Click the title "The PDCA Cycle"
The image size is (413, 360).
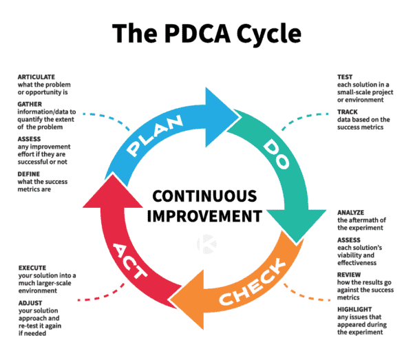206,32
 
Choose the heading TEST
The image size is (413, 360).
345,77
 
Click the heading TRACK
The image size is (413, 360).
348,112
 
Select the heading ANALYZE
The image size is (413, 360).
351,211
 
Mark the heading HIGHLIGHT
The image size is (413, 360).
355,309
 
